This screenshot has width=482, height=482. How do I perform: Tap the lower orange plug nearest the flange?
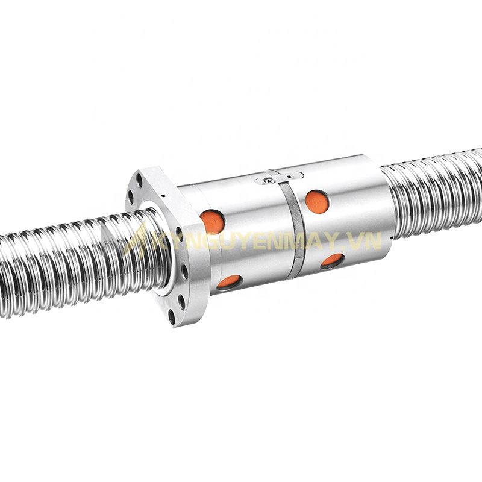[229, 281]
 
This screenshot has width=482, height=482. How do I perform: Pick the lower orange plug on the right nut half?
[332, 260]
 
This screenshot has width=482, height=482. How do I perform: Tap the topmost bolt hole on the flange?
[139, 178]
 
